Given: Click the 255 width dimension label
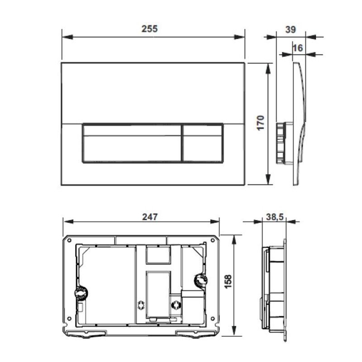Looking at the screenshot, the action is click(x=150, y=29).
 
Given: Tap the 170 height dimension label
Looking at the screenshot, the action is click(x=261, y=123).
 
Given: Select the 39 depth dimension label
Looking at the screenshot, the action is click(x=291, y=29).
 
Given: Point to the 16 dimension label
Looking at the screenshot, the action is click(x=298, y=48).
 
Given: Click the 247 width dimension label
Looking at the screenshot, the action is click(x=150, y=217).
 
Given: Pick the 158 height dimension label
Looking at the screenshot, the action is click(x=228, y=281).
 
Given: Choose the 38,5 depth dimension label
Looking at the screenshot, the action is click(x=275, y=217).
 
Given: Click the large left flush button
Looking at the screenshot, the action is click(x=132, y=143).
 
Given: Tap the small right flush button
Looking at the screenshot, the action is click(x=203, y=143).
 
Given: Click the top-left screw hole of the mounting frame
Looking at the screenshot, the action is click(x=69, y=241).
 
